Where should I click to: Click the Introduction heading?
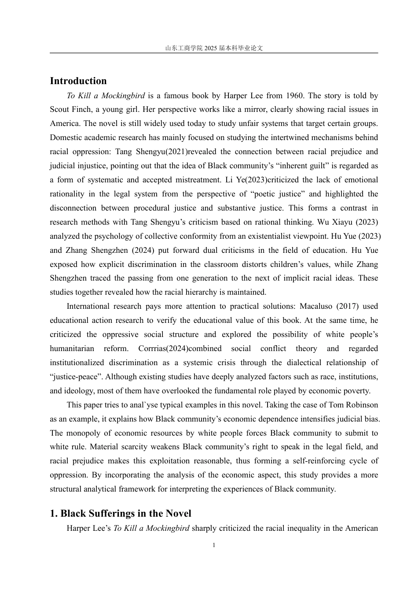pos(78,81)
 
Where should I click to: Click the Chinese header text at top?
pos(214,48)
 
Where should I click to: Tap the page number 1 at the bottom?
pos(214,545)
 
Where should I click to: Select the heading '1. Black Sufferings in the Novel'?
pos(121,514)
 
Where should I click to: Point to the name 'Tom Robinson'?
pos(356,405)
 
